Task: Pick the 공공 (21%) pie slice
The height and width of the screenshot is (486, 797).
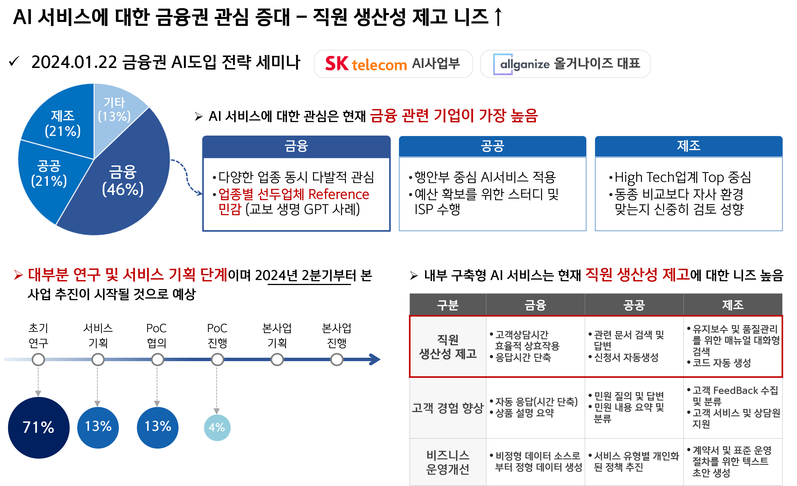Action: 49,175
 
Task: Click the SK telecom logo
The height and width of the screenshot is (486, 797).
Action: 365,64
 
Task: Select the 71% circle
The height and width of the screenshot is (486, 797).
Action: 38,427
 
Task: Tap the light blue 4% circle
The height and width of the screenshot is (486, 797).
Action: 217,427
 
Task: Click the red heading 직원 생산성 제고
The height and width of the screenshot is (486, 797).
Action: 637,274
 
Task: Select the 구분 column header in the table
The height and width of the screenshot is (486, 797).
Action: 448,305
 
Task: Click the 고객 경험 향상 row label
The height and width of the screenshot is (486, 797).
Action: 448,408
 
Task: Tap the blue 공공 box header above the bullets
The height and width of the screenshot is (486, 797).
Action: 492,146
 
